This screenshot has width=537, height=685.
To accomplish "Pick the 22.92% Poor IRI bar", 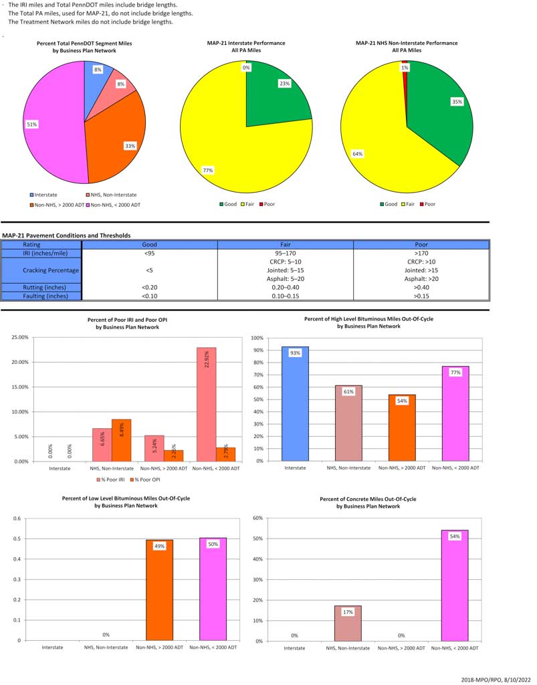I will coord(206,404).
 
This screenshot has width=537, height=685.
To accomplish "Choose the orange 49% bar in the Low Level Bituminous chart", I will coord(159,589).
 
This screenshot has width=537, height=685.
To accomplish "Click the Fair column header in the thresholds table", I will coord(286,245).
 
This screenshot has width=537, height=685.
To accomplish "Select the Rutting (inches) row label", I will coord(41,287).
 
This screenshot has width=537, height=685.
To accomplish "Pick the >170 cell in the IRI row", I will coord(421,254).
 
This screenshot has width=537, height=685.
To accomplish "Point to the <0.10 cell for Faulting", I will coord(149,295).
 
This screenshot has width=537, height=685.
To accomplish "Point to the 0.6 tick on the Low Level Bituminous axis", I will coord(17,518).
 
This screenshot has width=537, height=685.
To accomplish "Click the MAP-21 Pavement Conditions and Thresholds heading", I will coord(66,235).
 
